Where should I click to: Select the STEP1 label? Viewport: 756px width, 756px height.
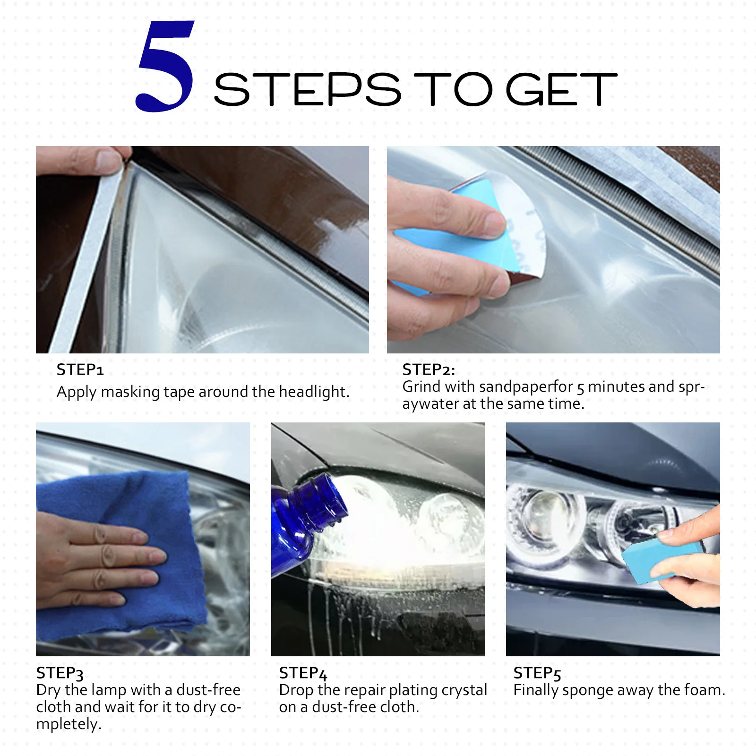80,369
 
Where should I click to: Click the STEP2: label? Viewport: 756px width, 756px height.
428,369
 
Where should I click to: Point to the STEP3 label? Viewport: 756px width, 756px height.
60,673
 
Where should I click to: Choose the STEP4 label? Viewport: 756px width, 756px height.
303,673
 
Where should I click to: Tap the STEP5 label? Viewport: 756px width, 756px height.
537,673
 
